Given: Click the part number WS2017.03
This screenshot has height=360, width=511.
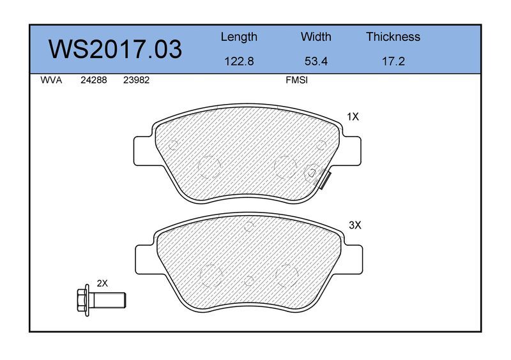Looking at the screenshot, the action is pos(115,50).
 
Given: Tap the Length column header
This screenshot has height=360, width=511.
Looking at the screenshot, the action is pos(239,38).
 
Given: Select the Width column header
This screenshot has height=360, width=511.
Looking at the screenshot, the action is pos(316,36).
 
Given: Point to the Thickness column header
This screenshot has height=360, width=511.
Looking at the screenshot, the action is pos(393,36).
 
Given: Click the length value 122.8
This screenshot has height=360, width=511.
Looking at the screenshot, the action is pos(239,61).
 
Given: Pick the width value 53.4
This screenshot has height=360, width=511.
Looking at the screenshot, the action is pos(316,61).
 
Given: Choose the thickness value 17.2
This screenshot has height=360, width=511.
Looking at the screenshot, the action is pos(393,61).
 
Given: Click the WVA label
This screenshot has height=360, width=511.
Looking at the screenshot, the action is pos(51,80).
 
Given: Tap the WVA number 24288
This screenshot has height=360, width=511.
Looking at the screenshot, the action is pos(93,80).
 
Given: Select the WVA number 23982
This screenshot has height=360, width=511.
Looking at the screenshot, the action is pos(136,80).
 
